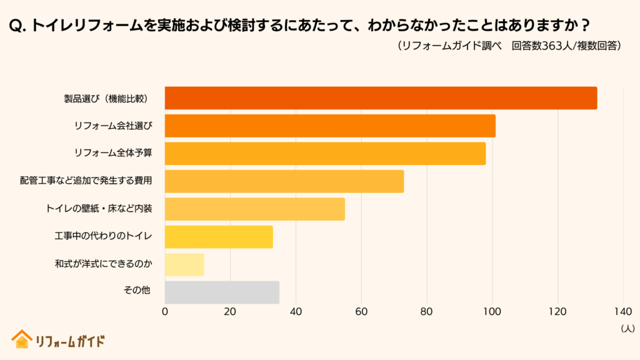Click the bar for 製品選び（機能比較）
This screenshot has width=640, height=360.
click(381, 98)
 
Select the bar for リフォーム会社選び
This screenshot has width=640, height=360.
click(330, 126)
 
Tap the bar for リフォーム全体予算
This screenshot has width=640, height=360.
click(325, 154)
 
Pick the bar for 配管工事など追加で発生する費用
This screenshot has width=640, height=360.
click(284, 181)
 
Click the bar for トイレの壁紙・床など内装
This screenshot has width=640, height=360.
click(255, 209)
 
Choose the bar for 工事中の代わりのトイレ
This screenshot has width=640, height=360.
click(219, 237)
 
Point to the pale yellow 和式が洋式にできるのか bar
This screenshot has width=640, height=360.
click(184, 264)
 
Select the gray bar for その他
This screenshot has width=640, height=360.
click(222, 292)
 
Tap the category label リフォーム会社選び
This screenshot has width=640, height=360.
click(113, 126)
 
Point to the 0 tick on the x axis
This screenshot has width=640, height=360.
click(165, 311)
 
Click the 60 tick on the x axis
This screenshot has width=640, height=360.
click(361, 311)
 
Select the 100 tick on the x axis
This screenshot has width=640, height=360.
click(492, 311)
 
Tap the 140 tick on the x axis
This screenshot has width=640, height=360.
click(623, 311)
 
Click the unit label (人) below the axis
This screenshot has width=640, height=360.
click(627, 327)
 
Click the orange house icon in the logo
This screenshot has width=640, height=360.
click(21, 339)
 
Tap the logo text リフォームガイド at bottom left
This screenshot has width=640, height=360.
click(69, 341)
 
